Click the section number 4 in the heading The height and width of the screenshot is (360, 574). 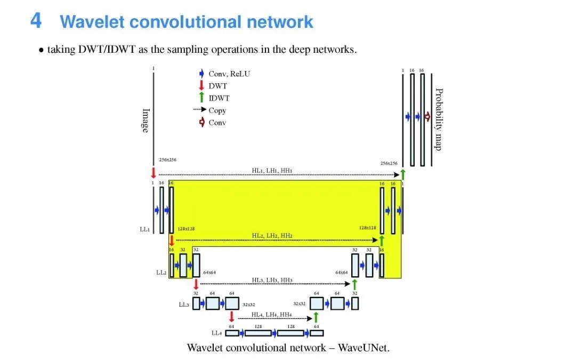(36, 21)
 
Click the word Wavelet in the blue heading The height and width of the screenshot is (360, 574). (92, 22)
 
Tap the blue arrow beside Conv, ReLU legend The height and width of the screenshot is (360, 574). (201, 74)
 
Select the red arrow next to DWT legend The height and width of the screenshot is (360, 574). (201, 85)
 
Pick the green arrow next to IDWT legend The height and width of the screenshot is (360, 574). (201, 98)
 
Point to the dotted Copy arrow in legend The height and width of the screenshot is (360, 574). (199, 110)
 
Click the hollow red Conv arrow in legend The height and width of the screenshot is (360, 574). (201, 122)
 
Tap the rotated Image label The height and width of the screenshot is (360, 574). (145, 121)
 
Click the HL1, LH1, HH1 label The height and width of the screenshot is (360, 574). (272, 170)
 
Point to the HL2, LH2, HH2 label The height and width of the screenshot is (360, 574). (272, 235)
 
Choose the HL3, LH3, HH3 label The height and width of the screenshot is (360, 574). (272, 280)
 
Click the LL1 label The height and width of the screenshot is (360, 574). (144, 229)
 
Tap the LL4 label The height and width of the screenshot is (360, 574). (216, 333)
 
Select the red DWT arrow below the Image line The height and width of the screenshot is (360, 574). (153, 173)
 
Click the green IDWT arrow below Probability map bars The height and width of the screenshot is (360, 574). (403, 174)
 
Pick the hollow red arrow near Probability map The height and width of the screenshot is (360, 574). (427, 117)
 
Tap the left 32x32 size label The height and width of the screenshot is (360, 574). (249, 304)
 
